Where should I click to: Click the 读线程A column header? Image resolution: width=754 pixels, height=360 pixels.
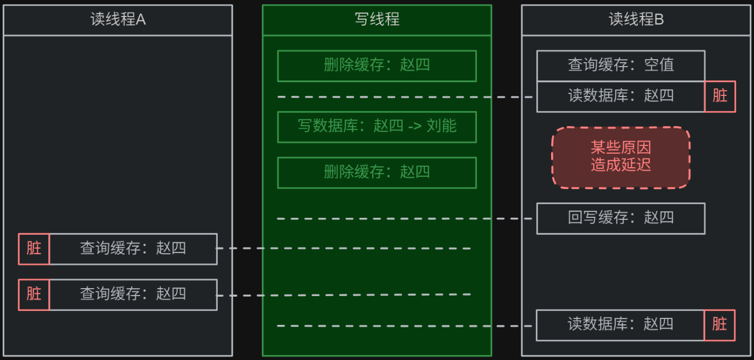(118, 20)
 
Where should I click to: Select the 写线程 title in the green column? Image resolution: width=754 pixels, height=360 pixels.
(376, 20)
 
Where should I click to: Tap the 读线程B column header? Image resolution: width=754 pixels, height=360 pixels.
(636, 20)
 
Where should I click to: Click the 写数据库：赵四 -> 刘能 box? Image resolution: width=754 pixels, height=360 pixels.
(376, 127)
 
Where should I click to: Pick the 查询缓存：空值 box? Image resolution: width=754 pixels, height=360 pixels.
(620, 66)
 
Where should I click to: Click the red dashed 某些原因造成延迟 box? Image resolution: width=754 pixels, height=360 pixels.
(620, 157)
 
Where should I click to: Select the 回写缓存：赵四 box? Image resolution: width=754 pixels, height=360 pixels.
(620, 218)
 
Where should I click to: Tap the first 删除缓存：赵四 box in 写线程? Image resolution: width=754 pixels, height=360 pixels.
(376, 66)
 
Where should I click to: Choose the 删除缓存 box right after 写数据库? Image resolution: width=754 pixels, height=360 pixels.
(376, 172)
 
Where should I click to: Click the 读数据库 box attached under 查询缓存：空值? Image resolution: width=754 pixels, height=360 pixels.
(620, 96)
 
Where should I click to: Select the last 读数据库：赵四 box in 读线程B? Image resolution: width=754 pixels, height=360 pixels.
(620, 324)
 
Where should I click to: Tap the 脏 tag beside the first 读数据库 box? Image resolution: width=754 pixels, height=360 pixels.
(719, 96)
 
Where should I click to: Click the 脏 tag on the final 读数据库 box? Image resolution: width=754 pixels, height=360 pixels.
(719, 324)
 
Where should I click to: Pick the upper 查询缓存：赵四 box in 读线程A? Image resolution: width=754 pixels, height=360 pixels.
(133, 249)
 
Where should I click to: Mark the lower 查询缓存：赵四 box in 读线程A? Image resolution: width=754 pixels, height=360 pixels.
(133, 294)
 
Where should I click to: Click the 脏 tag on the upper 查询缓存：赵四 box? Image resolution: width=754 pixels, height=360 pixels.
(34, 249)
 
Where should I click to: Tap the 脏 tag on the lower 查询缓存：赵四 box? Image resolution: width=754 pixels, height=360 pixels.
(34, 294)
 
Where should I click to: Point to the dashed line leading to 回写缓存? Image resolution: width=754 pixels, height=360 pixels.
(405, 218)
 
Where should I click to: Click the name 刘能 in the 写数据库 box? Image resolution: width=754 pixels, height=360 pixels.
(441, 127)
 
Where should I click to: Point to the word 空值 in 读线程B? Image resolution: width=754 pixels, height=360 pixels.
(659, 66)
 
